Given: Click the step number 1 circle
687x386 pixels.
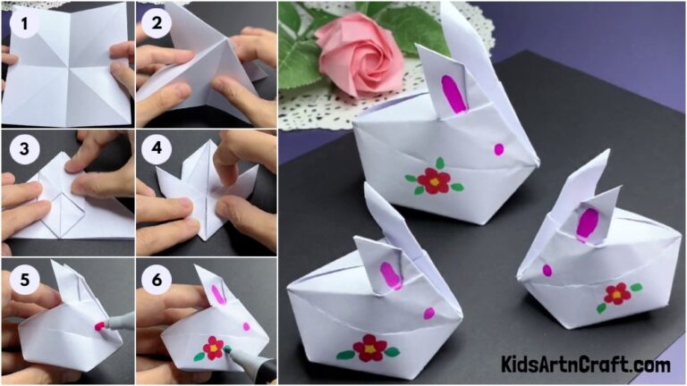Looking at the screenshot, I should tap(22, 21).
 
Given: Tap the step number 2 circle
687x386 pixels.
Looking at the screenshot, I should tap(157, 21).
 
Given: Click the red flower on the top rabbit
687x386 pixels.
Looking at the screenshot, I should tap(434, 180).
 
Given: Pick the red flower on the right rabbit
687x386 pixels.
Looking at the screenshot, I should tap(616, 293).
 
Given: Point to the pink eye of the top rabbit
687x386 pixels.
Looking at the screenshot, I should tap(498, 149).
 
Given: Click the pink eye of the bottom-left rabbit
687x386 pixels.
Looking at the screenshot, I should tap(428, 314).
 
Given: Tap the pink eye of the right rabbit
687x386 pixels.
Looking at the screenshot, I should tap(546, 270).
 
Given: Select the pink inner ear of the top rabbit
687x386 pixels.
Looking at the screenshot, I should tap(454, 94).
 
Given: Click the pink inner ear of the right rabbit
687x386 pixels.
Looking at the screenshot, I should tap(588, 223).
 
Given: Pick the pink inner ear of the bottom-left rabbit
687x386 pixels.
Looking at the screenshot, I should tap(391, 274).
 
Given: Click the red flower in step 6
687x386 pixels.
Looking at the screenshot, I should tap(213, 348).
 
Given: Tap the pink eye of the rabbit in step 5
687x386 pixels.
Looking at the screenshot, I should tap(99, 326).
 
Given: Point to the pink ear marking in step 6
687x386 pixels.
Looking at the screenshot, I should tap(216, 295).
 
